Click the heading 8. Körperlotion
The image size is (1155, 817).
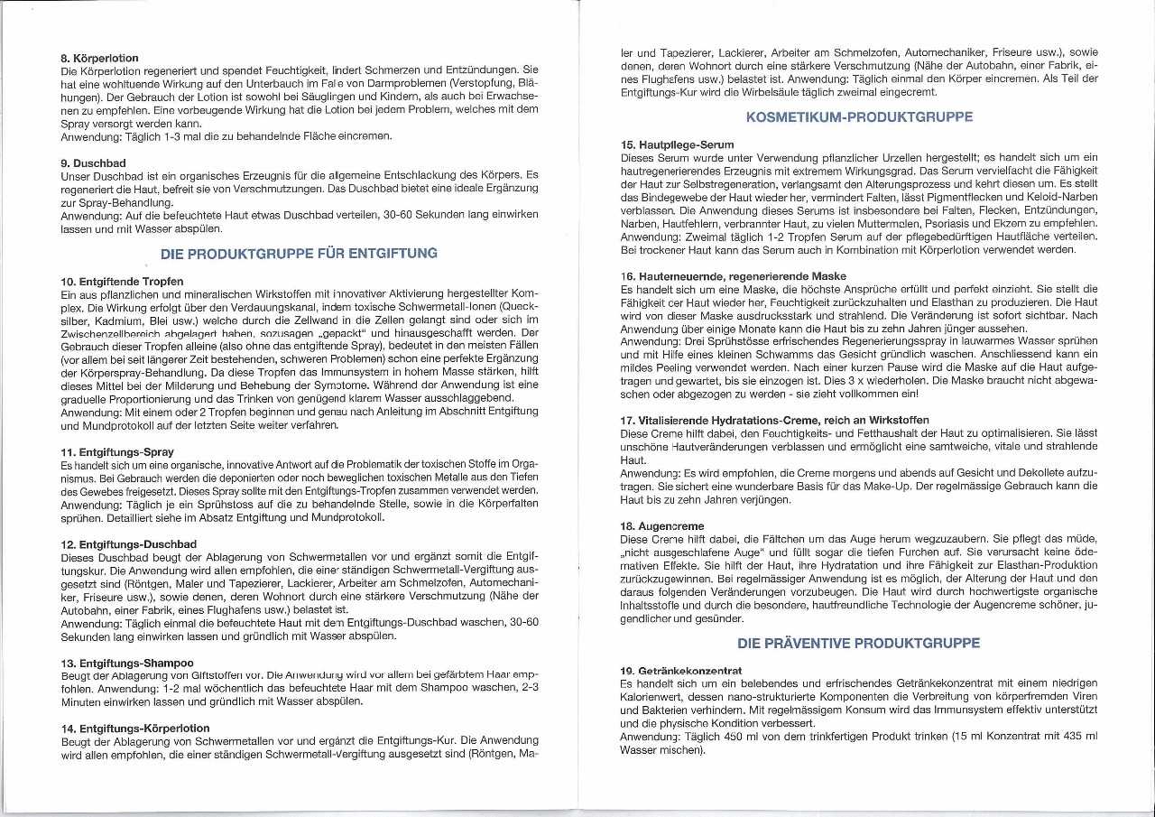coord(99,58)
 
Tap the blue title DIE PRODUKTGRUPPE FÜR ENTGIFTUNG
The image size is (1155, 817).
coord(299,253)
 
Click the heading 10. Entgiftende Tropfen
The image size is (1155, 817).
coord(122,283)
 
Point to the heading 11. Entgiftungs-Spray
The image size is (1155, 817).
coord(116,451)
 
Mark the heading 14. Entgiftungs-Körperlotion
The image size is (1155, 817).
coord(134,728)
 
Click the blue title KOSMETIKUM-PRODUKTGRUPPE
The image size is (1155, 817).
coord(860,117)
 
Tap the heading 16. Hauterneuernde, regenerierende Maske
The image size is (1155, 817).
coord(734,275)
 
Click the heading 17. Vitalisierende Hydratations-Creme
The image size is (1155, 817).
coord(775,420)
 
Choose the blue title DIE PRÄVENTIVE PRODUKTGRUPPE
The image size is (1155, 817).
coord(859,644)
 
